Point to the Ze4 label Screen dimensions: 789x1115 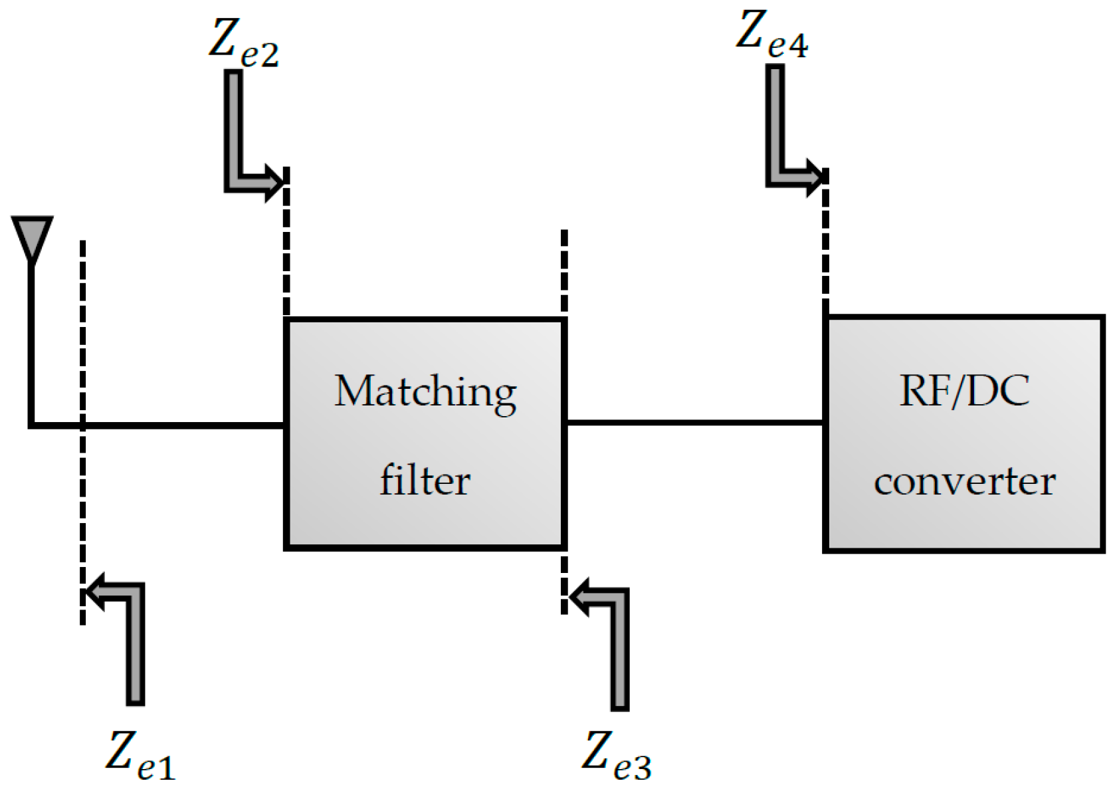(771, 36)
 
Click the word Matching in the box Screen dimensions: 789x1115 (425, 392)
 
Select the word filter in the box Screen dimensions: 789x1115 (425, 480)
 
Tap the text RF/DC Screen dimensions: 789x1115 (964, 391)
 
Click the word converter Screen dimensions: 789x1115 (964, 481)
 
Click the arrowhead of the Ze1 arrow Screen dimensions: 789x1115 (97, 591)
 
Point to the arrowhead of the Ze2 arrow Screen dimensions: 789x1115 (274, 180)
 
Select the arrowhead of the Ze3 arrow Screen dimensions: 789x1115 (581, 596)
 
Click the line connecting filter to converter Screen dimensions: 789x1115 (694, 422)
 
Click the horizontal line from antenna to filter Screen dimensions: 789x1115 (186, 425)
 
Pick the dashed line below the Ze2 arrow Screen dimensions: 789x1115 (286, 253)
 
